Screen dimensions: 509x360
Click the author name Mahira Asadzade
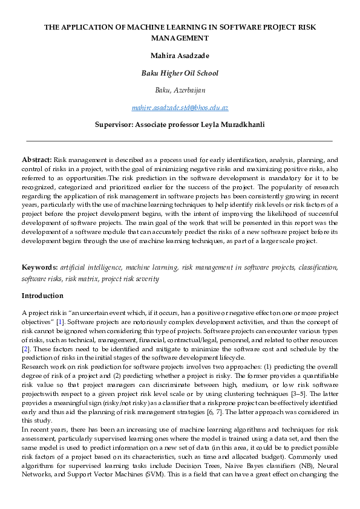180,56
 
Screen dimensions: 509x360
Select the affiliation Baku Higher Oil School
180,73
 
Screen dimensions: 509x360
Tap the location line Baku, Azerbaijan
180,90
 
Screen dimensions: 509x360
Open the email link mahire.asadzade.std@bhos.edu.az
180,108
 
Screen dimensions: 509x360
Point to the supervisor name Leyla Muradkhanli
232,125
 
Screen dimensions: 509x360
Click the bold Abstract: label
36,159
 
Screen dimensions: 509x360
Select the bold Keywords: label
39,267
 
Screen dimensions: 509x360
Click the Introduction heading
42,296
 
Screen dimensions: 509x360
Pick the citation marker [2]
25,350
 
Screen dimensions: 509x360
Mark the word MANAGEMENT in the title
180,38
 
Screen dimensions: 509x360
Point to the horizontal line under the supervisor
180,141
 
